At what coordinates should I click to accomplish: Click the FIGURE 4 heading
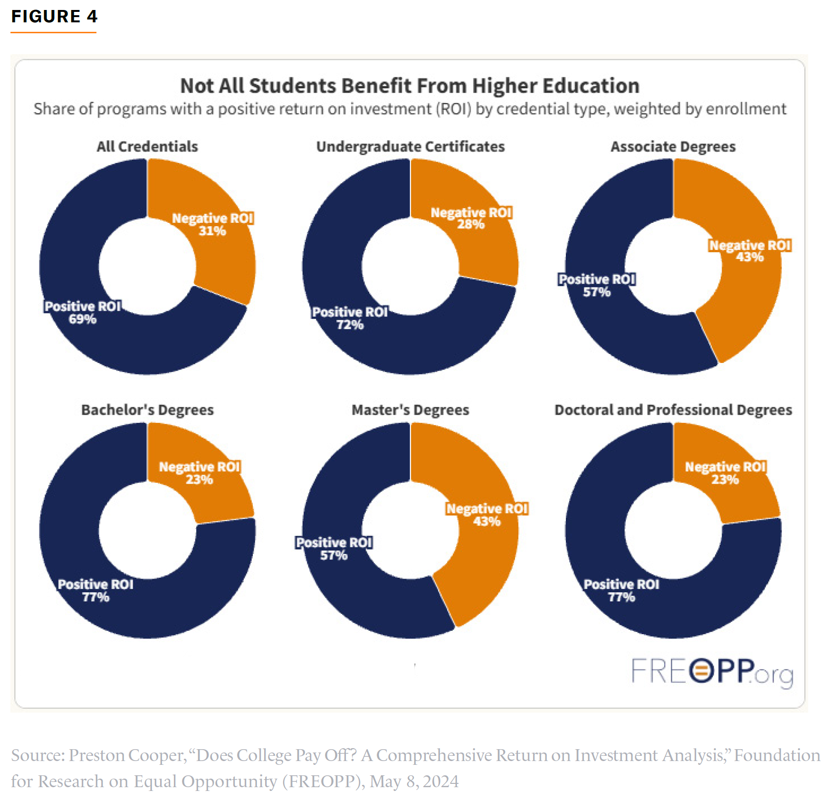(x=54, y=17)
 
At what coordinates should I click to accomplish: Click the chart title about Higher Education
(x=410, y=86)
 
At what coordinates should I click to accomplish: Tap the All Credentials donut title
(x=147, y=146)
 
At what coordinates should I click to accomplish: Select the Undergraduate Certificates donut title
(x=410, y=146)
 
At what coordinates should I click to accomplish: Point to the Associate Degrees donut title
(x=673, y=146)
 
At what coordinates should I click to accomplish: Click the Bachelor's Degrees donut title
(x=147, y=410)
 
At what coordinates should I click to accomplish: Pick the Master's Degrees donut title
(x=410, y=410)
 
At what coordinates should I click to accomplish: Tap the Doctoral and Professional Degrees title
(x=673, y=410)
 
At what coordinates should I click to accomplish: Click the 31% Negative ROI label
(x=212, y=225)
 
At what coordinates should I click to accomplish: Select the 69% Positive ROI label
(x=83, y=313)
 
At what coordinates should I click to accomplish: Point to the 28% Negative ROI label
(x=471, y=219)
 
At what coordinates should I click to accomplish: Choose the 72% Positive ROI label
(x=350, y=318)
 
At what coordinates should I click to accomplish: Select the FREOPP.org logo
(x=712, y=672)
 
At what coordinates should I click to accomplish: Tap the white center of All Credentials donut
(x=147, y=266)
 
